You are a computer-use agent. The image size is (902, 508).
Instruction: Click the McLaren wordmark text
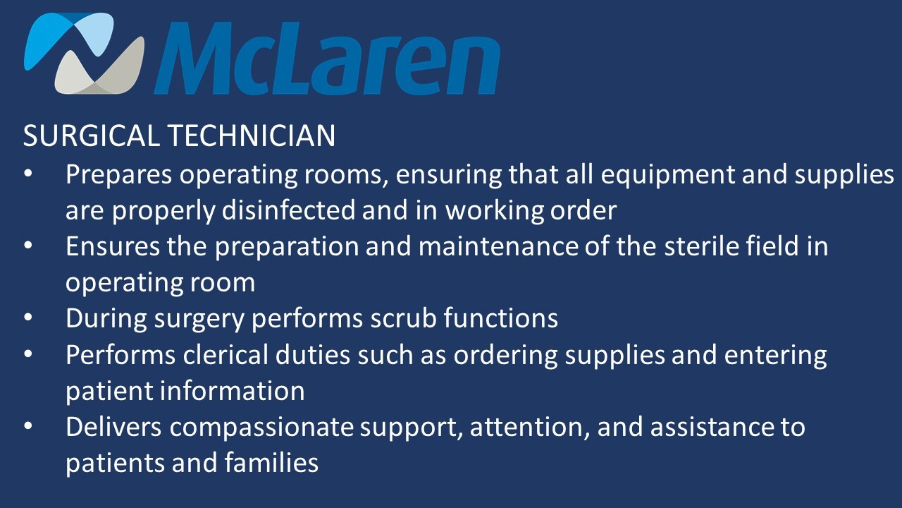tap(327, 58)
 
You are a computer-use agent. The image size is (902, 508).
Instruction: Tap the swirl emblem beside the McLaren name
tap(84, 53)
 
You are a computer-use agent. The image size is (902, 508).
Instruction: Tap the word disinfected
tap(288, 210)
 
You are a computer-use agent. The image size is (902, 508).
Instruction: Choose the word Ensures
tap(113, 246)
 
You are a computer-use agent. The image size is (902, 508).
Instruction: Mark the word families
tap(271, 462)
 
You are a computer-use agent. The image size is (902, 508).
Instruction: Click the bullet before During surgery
tap(28, 317)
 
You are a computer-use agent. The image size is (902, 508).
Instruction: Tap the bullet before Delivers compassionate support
tap(28, 425)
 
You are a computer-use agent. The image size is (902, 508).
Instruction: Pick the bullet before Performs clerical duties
tap(28, 353)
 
